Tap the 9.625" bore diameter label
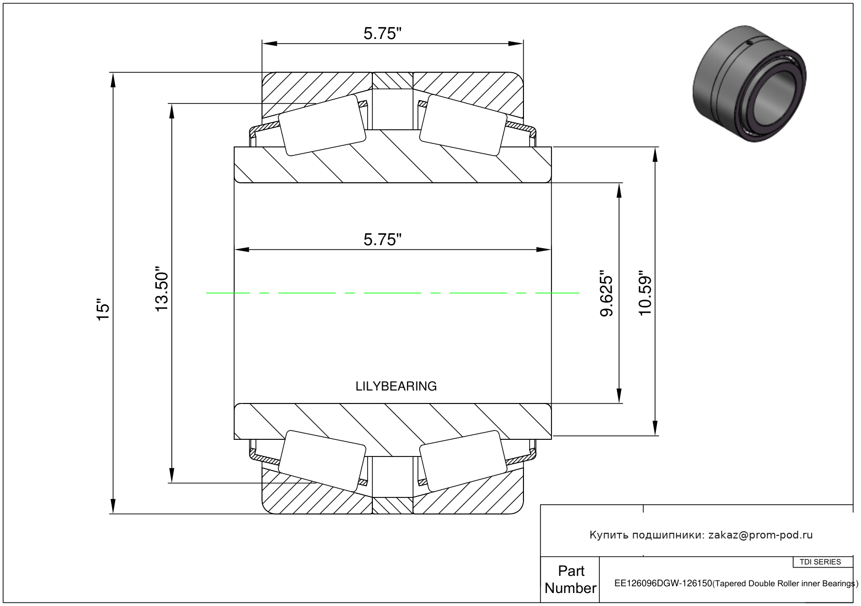pos(606,295)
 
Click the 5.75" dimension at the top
pos(382,34)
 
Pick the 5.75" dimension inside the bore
pos(382,240)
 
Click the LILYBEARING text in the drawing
pos(396,386)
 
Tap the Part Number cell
pos(570,580)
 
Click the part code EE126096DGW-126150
pos(663,583)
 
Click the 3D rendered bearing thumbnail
pos(749,84)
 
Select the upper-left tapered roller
pos(322,125)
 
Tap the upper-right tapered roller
pos(463,125)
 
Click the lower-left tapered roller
pos(322,461)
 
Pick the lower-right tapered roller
pos(463,461)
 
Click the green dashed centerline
pos(393,293)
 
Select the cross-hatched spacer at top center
pos(393,80)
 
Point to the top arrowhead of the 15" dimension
pos(113,79)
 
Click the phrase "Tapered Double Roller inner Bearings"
pos(785,584)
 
